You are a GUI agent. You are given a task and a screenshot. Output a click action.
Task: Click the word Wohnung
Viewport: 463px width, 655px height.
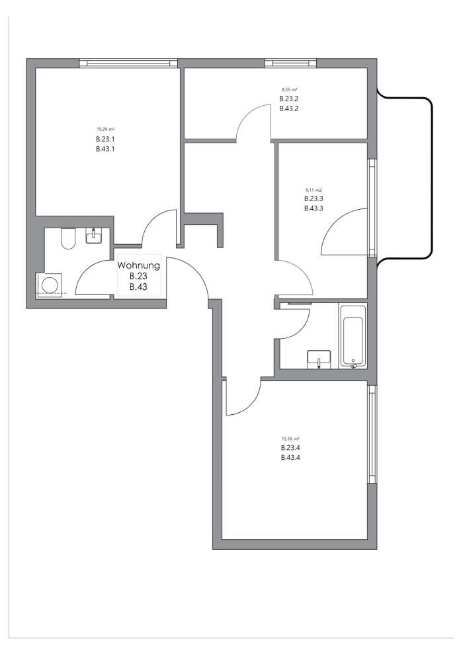pos(138,265)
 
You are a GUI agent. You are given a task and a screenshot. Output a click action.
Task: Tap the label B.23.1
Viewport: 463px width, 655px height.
pos(105,139)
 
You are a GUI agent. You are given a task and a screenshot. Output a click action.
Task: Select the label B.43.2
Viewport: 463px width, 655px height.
pos(289,109)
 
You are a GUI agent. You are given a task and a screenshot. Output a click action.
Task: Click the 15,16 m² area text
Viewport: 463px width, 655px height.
pos(290,439)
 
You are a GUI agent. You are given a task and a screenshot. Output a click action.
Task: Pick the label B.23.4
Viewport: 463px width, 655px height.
pos(290,448)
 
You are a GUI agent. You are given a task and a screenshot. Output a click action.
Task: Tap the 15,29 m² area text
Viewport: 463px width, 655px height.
pos(105,130)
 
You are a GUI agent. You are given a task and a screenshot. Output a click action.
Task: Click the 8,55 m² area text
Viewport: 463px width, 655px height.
pos(289,89)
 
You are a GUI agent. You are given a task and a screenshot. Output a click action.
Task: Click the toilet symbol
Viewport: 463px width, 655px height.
pos(67,239)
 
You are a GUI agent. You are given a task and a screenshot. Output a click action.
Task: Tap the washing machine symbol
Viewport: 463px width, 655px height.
pos(50,284)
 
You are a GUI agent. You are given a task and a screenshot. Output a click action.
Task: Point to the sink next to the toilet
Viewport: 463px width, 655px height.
pos(94,236)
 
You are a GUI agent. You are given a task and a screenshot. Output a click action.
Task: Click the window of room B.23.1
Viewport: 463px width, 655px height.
pos(128,63)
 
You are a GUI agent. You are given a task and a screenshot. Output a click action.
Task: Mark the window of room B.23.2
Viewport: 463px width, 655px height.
pos(291,63)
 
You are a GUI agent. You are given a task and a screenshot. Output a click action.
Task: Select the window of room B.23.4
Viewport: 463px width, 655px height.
pos(372,435)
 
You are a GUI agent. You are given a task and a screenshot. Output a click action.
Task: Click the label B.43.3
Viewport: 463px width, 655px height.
pos(314,208)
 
